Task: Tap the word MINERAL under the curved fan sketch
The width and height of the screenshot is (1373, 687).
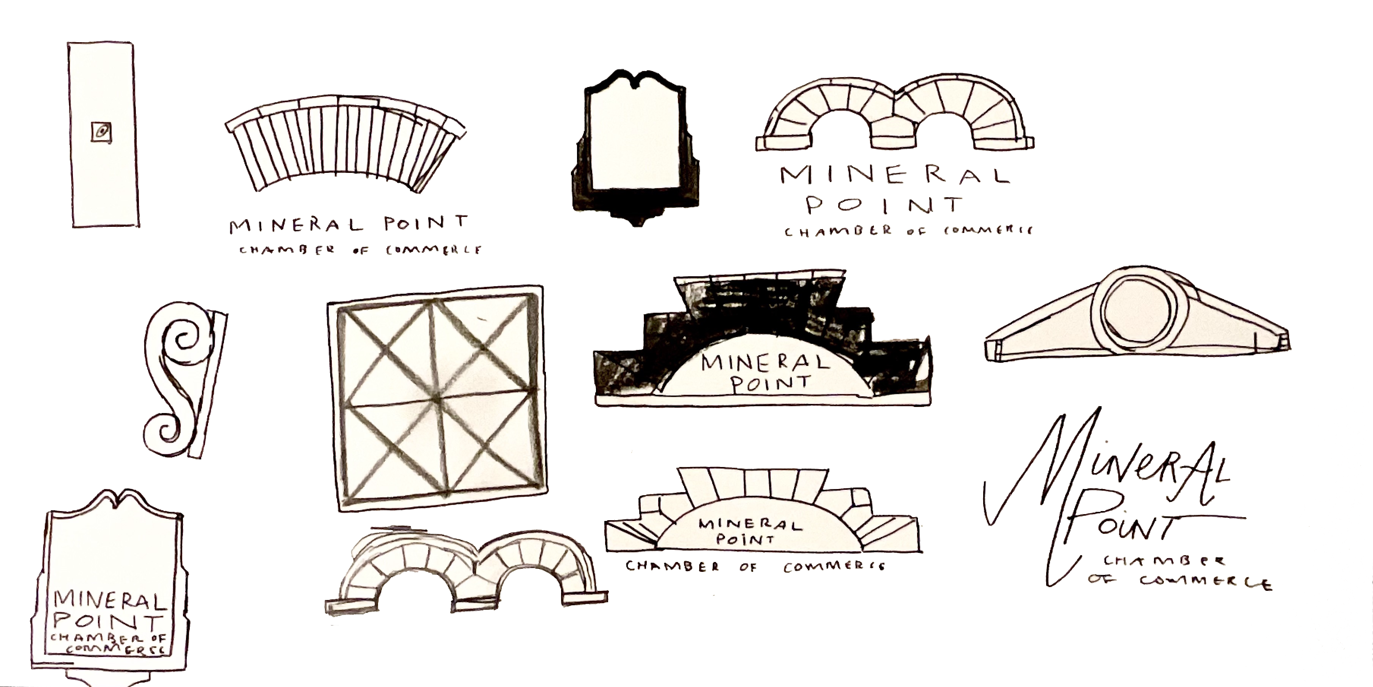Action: coord(296,226)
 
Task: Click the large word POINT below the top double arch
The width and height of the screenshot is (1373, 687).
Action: coord(885,205)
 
